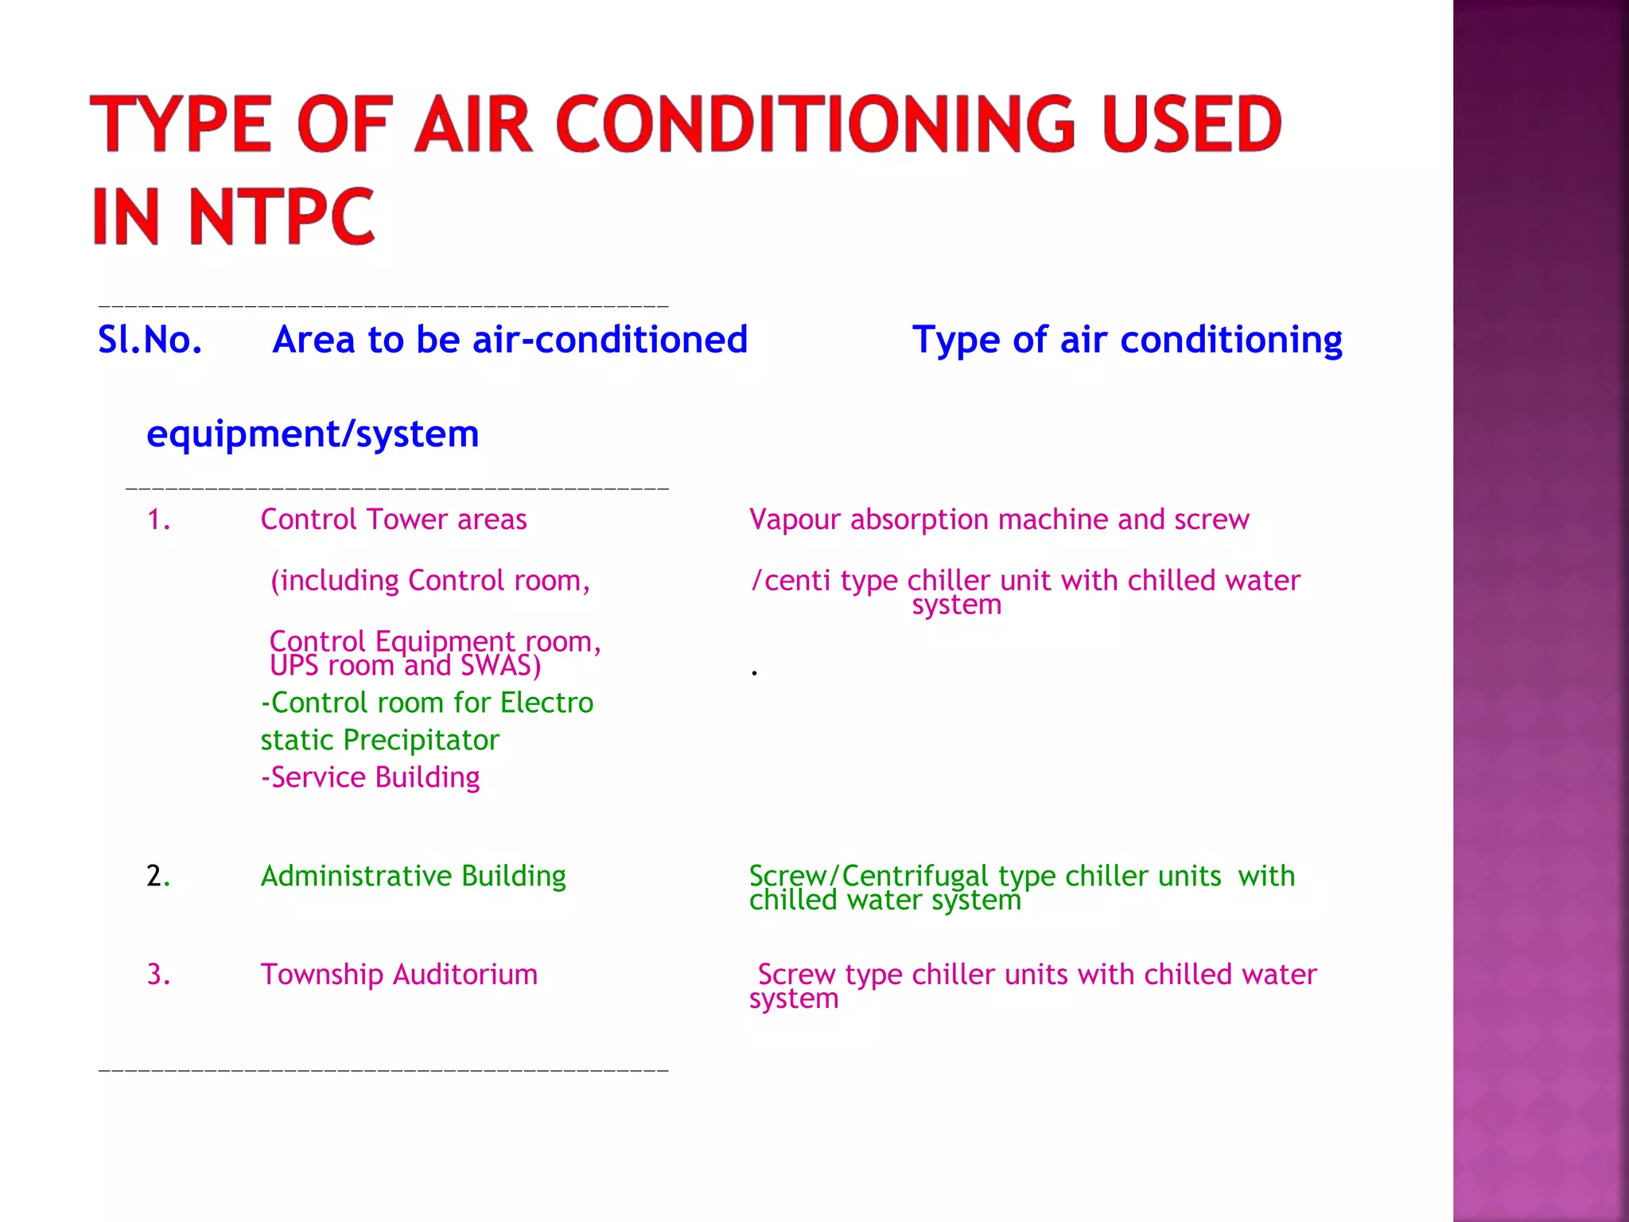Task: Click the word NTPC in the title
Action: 280,216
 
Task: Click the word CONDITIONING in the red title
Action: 816,124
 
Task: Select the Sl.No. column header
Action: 150,340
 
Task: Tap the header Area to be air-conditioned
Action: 510,340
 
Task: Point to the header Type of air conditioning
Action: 1127,340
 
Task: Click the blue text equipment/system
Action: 313,434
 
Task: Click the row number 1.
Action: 158,520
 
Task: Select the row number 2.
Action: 157,876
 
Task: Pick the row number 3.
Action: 158,975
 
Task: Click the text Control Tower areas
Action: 394,520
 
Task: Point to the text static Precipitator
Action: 379,741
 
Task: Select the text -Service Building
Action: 371,777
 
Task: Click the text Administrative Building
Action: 413,876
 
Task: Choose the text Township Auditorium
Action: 399,975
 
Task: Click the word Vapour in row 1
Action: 795,520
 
